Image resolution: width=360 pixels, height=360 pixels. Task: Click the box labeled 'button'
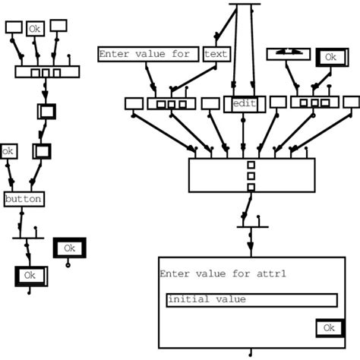coord(24,199)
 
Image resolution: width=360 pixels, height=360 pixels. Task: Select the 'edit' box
coord(244,103)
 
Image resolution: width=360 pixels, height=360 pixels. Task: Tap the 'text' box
coord(216,54)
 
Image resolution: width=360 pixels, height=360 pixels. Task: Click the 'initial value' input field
coord(251,300)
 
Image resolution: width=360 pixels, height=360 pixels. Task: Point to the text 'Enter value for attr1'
coord(207,273)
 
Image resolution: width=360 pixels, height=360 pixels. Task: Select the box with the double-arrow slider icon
coord(288,54)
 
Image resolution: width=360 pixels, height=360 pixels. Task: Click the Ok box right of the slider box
coord(330,57)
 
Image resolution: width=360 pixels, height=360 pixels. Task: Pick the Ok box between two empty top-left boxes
coord(35,29)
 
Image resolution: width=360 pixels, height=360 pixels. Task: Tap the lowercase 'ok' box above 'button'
coord(8,151)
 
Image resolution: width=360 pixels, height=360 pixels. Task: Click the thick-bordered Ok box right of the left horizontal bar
coord(69,248)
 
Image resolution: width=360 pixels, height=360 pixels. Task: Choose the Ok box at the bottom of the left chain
coord(30,276)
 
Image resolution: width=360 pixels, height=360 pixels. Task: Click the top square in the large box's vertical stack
coord(250,165)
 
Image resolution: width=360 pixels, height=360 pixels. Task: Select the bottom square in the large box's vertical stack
coord(250,186)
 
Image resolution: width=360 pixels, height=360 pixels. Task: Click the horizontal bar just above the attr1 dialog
coord(251,226)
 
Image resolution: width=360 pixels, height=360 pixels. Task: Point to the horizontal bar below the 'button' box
coord(29,237)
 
